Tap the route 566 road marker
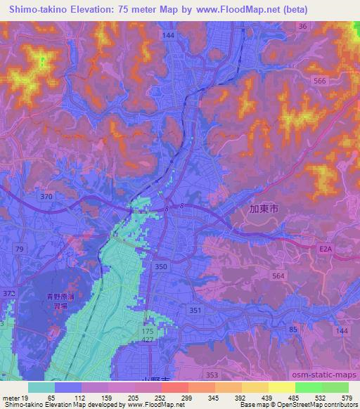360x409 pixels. [x=320, y=82]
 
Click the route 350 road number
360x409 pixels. [x=161, y=266]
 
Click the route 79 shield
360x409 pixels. [x=20, y=249]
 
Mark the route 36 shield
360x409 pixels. [x=302, y=26]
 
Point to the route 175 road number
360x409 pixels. [x=148, y=330]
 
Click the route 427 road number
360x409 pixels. [x=148, y=339]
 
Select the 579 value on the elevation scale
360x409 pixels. [x=347, y=398]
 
